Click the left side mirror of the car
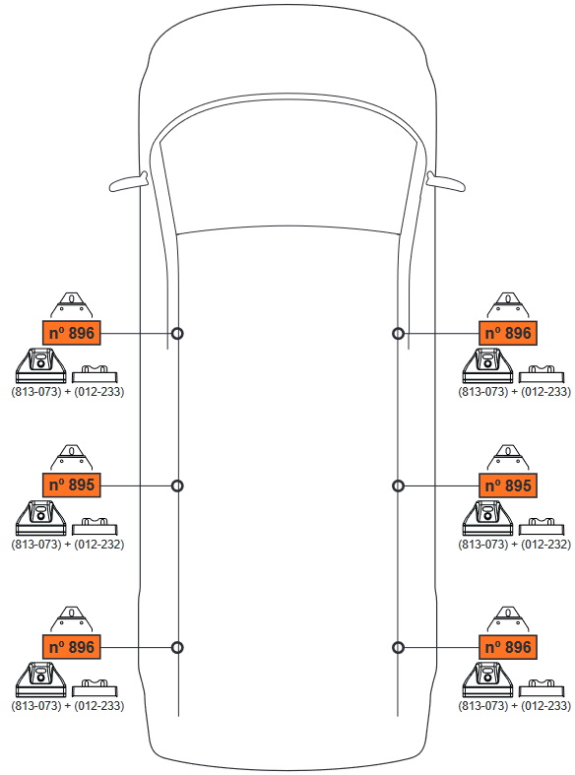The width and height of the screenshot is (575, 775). pyautogui.click(x=128, y=182)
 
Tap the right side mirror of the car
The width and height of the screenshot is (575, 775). pyautogui.click(x=446, y=182)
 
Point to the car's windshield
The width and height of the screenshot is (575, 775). pyautogui.click(x=287, y=168)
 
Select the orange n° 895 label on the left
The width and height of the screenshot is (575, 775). pyautogui.click(x=72, y=484)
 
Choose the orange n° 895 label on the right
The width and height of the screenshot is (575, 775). pyautogui.click(x=508, y=484)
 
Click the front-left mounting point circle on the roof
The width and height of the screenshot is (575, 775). pyautogui.click(x=177, y=334)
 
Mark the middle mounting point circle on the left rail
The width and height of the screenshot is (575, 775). pyautogui.click(x=177, y=485)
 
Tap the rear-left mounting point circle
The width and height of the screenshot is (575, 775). pyautogui.click(x=177, y=648)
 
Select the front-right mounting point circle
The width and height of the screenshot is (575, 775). pyautogui.click(x=398, y=334)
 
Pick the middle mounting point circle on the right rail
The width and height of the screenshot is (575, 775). pyautogui.click(x=398, y=485)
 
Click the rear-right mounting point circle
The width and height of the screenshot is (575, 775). pyautogui.click(x=398, y=648)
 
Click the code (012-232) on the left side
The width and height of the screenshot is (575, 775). pyautogui.click(x=98, y=544)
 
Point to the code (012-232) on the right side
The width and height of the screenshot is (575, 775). pyautogui.click(x=545, y=544)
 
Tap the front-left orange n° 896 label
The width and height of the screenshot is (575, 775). pyautogui.click(x=72, y=333)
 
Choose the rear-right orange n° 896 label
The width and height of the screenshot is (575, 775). pyautogui.click(x=508, y=647)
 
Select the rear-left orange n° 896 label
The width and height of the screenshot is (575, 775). pyautogui.click(x=72, y=647)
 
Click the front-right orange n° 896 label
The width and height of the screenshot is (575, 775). pyautogui.click(x=508, y=333)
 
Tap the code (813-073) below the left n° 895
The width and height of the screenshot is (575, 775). pyautogui.click(x=36, y=544)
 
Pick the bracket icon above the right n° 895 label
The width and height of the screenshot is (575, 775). pyautogui.click(x=508, y=457)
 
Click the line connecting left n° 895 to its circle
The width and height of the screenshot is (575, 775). pyautogui.click(x=136, y=485)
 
